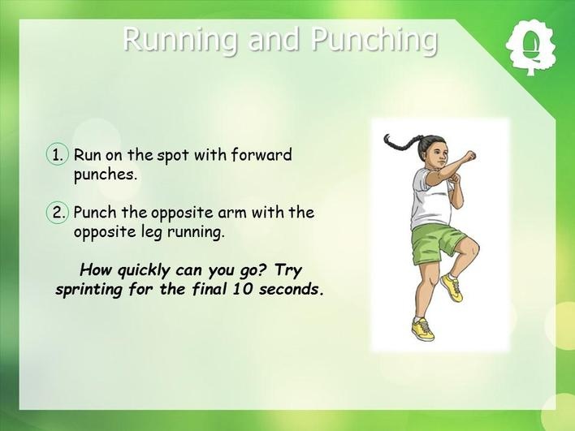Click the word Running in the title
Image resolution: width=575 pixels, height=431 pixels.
180,40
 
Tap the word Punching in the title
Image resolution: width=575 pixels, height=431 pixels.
374,40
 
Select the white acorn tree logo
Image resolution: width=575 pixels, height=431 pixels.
530,48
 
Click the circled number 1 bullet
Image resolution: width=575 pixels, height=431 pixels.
58,155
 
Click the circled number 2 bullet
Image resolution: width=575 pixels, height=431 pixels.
58,213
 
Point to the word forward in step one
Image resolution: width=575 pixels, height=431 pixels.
262,154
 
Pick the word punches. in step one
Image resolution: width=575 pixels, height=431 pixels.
106,175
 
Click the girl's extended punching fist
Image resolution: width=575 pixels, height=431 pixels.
469,156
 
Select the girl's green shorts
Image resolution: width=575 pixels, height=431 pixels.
436,243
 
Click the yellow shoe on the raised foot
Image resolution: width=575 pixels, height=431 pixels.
452,287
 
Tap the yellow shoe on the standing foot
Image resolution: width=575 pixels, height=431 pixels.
423,330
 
